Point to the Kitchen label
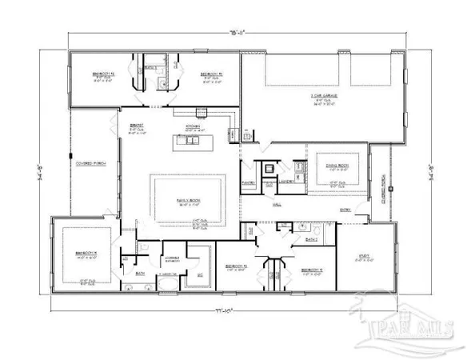coord(191,126)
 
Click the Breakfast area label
coord(137,126)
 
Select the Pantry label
coord(248,182)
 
